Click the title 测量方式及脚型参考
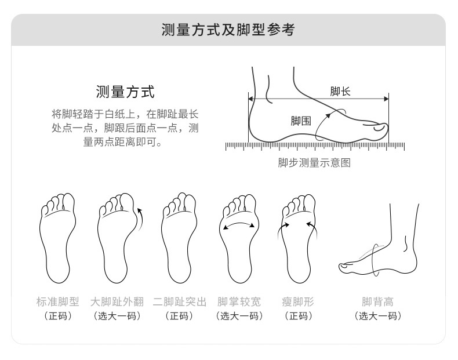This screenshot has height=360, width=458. pos(228,30)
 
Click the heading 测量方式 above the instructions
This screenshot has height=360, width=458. pos(125,92)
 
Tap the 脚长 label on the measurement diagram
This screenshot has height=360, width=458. pos(340,92)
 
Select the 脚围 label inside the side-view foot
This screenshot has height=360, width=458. pos(300,121)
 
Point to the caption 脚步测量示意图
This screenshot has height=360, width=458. pos(314,163)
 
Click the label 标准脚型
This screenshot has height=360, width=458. pos(58,301)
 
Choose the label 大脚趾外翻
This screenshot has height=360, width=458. pos(117,301)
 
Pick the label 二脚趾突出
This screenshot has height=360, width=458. pos(179,301)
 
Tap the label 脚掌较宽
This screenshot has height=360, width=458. pos(239,301)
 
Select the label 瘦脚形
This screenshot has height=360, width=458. pos(298,301)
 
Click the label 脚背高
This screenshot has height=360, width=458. pos(377,301)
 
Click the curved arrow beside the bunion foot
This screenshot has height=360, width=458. pos(140,219)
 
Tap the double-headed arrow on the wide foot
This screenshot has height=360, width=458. pos(239,224)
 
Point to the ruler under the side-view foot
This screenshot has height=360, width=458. pos(315,147)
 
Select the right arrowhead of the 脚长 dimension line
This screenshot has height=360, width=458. pos(387,99)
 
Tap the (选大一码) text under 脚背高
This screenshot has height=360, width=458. pos(377,316)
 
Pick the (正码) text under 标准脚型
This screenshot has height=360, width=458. pos(58,316)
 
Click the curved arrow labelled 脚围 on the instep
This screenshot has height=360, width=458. pos(321,124)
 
